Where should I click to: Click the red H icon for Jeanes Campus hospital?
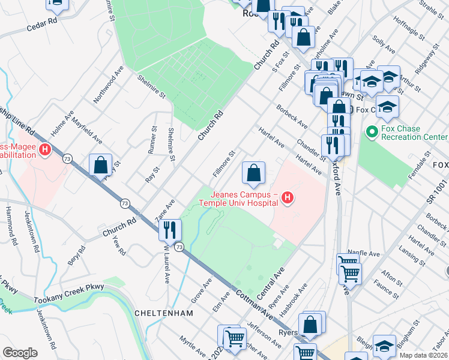[x=288, y=197]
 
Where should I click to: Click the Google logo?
[x=20, y=353]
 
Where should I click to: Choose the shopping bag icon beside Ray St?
[x=101, y=164]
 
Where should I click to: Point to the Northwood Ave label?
[x=109, y=83]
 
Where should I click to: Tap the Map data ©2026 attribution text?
[x=423, y=355]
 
